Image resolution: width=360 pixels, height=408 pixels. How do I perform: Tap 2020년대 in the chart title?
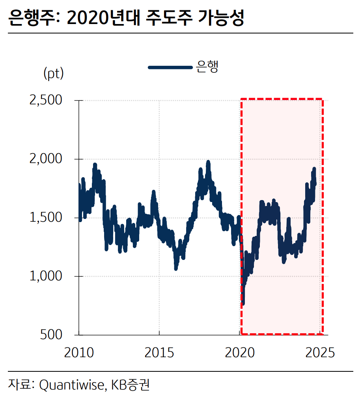click(x=104, y=18)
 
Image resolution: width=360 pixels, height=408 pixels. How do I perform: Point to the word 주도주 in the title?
click(x=170, y=18)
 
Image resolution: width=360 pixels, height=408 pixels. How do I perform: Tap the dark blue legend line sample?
click(x=170, y=67)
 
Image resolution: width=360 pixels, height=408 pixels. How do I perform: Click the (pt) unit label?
click(x=53, y=74)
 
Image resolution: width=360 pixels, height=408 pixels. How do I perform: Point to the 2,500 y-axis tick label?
click(x=46, y=100)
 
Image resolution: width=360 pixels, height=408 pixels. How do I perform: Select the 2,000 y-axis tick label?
click(x=46, y=159)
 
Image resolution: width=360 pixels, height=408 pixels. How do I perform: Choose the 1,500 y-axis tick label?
click(x=46, y=218)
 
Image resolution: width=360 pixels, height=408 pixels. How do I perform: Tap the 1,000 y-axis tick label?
click(x=46, y=276)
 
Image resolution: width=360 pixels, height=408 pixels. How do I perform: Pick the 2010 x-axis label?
click(x=79, y=352)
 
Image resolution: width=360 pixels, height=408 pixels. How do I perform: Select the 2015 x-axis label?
click(x=159, y=352)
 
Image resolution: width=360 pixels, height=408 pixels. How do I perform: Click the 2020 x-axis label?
click(x=240, y=352)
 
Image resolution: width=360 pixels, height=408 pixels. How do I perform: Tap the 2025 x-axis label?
click(x=320, y=352)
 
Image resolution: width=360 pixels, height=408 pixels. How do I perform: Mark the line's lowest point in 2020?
click(x=243, y=303)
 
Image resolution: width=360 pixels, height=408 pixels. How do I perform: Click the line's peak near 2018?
click(x=208, y=162)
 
